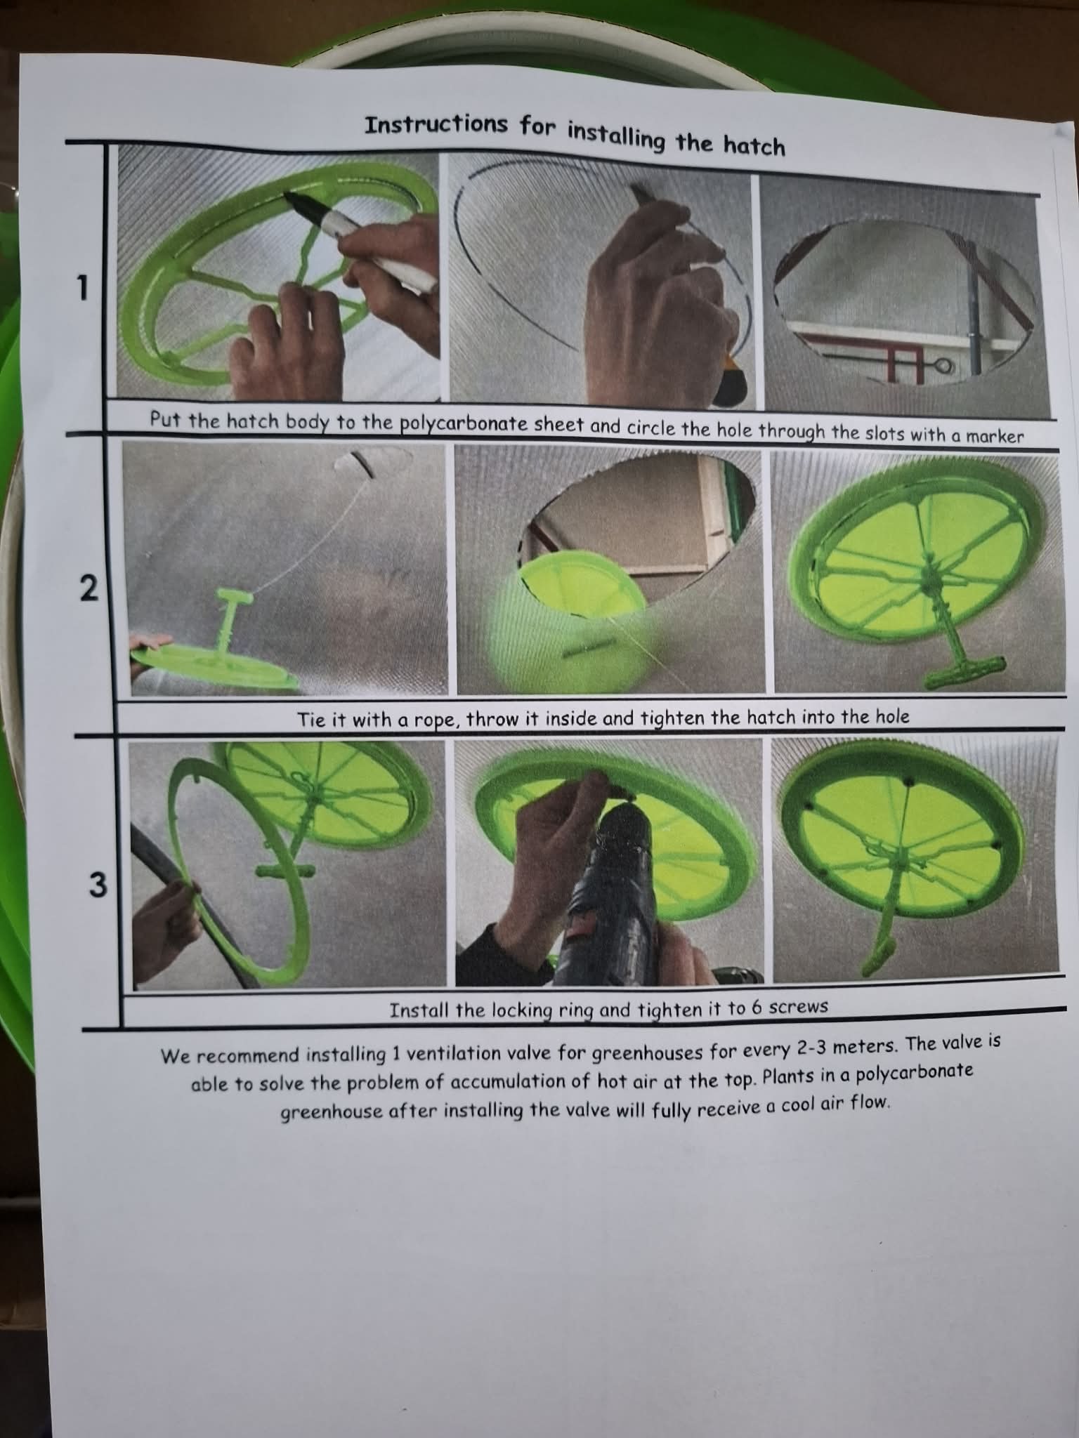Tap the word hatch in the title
[750, 145]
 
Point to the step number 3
[98, 885]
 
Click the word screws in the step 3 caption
[799, 1008]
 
